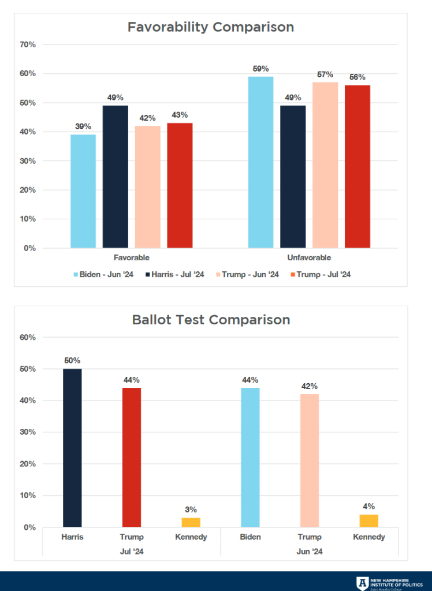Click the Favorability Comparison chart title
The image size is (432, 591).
210,27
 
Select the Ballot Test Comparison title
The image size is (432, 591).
211,319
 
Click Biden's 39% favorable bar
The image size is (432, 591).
83,191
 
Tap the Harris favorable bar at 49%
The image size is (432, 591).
116,177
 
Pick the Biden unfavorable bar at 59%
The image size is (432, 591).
260,162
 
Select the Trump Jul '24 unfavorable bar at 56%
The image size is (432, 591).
357,167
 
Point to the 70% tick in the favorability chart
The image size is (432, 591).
28,44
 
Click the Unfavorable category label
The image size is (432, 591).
309,257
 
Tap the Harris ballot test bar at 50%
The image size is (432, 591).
72,448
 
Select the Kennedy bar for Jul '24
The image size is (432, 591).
191,522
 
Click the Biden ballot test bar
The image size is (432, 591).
250,457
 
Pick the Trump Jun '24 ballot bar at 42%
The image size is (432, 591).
310,461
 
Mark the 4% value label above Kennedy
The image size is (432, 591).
369,507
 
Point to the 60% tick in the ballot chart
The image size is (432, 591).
28,337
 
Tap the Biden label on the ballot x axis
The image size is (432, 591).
250,537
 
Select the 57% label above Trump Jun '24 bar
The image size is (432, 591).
325,74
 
